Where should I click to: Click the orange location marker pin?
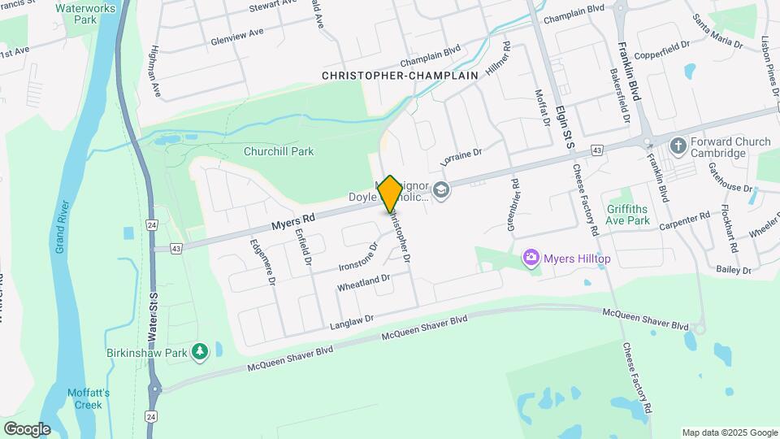tap(390, 193)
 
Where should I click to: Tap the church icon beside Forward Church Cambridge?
tap(678, 146)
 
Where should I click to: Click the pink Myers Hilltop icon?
tap(531, 258)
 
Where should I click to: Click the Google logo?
tap(27, 428)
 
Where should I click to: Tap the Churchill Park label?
tap(279, 151)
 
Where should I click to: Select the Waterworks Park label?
tap(86, 14)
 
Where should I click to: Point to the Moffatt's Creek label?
tap(89, 398)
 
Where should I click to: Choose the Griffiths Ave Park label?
tap(628, 214)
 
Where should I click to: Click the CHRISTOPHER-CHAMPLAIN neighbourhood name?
tap(400, 75)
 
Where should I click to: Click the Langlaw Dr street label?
tap(351, 323)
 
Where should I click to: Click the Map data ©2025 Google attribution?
tap(729, 432)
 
